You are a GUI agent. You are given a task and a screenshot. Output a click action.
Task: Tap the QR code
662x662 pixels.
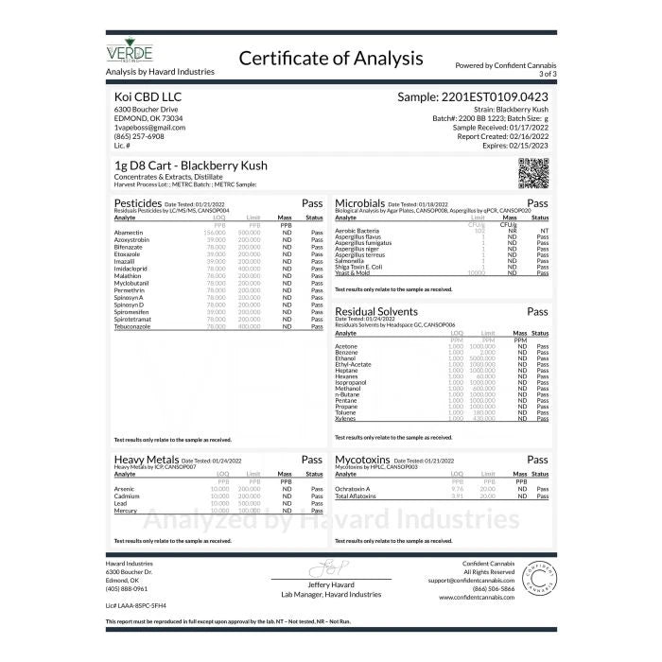click(533, 174)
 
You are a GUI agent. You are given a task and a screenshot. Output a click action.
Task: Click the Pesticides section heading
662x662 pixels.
click(138, 202)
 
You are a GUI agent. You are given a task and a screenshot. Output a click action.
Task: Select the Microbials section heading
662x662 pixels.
click(360, 202)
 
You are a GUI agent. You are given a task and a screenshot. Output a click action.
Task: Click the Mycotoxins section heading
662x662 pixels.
click(364, 459)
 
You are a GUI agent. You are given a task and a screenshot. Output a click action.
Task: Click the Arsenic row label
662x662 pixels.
click(125, 489)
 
